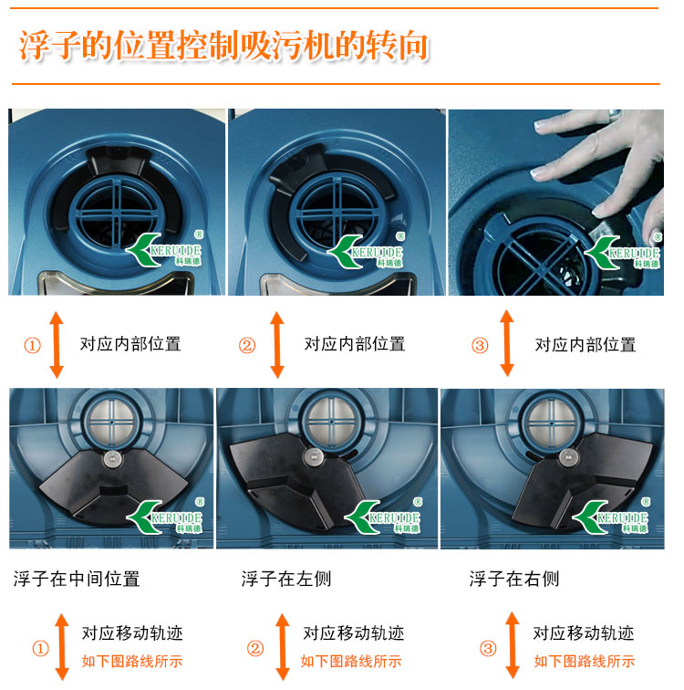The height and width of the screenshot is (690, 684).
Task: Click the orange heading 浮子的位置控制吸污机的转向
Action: (223, 45)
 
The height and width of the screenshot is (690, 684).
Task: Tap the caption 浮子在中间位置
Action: (77, 579)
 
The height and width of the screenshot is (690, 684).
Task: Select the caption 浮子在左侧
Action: (286, 579)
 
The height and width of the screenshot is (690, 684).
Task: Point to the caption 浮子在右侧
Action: (513, 579)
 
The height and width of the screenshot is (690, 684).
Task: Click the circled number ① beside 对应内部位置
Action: (32, 345)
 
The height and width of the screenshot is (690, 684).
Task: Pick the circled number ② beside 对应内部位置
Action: (247, 345)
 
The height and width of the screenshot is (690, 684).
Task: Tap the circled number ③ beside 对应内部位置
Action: (480, 345)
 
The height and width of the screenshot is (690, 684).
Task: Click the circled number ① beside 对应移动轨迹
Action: (40, 648)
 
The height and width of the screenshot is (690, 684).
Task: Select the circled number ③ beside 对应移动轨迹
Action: (488, 648)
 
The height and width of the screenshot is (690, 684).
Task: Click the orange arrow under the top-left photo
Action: (57, 345)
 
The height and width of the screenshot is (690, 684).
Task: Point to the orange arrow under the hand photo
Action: (507, 343)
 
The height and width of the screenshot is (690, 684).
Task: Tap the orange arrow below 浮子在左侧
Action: (282, 647)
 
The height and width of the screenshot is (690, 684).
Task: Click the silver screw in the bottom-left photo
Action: (113, 459)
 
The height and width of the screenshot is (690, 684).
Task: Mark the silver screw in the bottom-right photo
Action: (568, 456)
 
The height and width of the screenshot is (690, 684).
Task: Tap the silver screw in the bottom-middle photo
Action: (313, 456)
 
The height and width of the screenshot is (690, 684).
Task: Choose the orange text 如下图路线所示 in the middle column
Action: (351, 661)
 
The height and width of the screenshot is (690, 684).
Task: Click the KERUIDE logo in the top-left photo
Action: (163, 249)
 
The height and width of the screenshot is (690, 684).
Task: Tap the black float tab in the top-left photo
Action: (118, 161)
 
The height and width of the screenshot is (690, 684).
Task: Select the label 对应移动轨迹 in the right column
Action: (584, 633)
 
